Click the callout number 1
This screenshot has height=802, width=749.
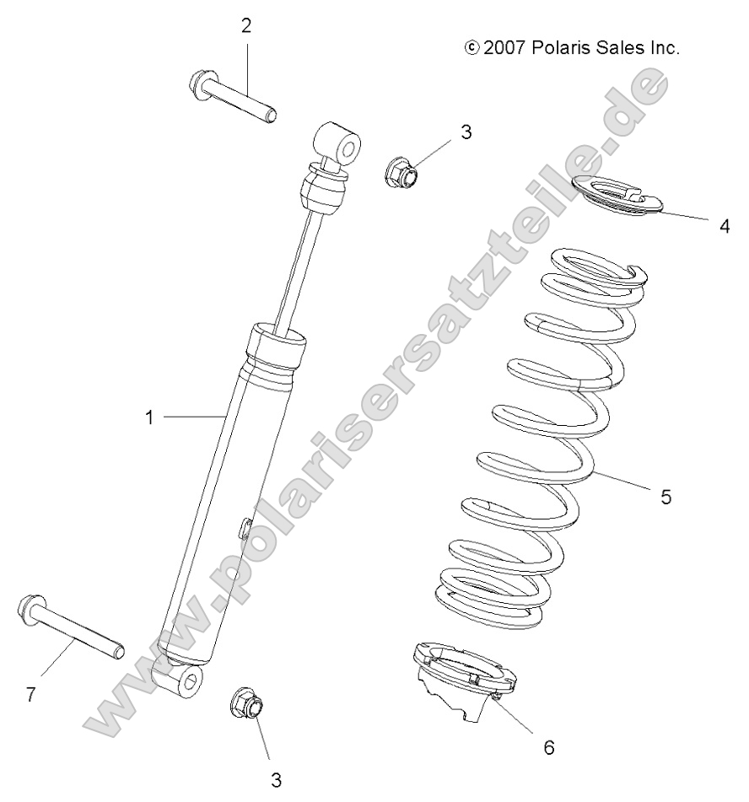(x=149, y=417)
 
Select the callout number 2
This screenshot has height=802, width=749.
(x=246, y=26)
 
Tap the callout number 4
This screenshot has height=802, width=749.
(x=723, y=226)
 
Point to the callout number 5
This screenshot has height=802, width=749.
(x=665, y=497)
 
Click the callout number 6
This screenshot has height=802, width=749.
(x=548, y=747)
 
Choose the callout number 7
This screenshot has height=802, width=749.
(x=30, y=695)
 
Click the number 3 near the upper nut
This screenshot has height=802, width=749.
(x=466, y=132)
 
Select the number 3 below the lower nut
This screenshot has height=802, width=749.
(x=276, y=780)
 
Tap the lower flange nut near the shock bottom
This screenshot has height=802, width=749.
(x=246, y=702)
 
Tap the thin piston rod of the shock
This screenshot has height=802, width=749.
(x=300, y=270)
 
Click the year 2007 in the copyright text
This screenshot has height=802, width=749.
(x=505, y=48)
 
